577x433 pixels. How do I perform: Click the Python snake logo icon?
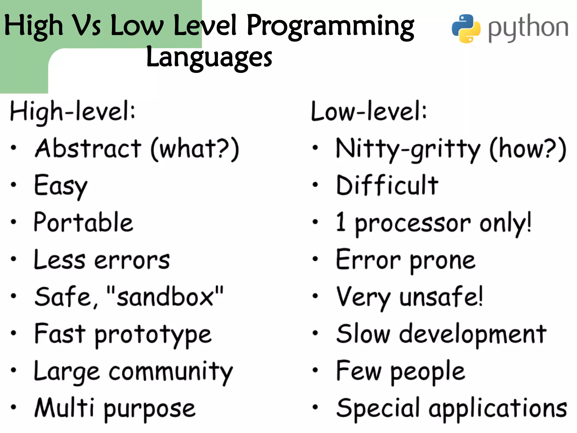tap(466, 28)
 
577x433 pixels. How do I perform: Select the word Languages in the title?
tap(209, 58)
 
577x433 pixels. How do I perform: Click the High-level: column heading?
tap(73, 112)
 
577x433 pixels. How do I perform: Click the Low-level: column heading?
tap(369, 112)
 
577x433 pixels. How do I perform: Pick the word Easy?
tap(61, 186)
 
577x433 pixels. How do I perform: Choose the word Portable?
tap(83, 223)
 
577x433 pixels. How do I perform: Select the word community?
tap(171, 372)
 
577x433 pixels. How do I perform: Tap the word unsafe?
tap(441, 297)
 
